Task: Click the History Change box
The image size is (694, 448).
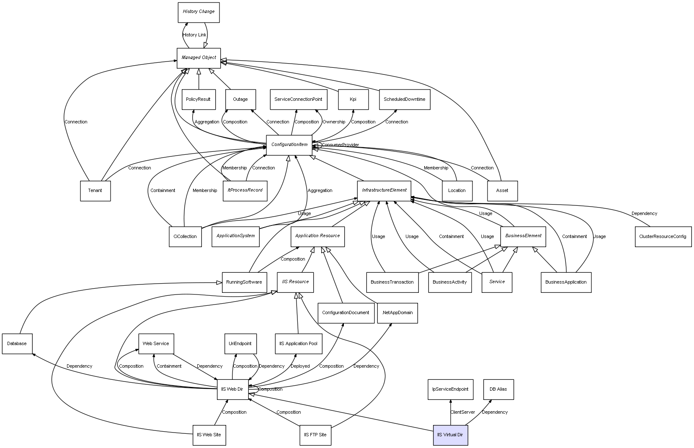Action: [199, 12]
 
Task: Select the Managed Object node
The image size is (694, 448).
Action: [199, 58]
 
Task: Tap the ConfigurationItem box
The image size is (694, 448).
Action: [289, 145]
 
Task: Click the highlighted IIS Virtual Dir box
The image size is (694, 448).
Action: [450, 435]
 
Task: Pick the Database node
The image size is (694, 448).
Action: [17, 344]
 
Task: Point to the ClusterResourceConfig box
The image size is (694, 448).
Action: [663, 237]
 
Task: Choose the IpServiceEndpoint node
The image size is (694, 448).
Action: [450, 389]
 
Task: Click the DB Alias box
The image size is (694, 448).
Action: [498, 389]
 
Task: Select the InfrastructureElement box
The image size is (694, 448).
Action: [384, 191]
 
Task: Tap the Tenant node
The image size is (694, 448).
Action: [95, 191]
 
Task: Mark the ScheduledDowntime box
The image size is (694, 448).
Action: [404, 100]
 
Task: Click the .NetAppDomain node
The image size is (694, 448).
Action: [397, 313]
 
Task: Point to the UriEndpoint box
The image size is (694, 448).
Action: [240, 344]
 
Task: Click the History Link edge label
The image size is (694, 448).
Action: [194, 35]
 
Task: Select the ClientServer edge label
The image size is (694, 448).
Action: [462, 412]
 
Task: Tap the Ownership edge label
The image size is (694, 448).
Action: [334, 122]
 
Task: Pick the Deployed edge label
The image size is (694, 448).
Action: [300, 366]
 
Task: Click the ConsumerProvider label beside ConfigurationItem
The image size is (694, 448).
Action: [340, 145]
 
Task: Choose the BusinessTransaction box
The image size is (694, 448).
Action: [392, 282]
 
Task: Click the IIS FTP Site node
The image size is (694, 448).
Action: [315, 435]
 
